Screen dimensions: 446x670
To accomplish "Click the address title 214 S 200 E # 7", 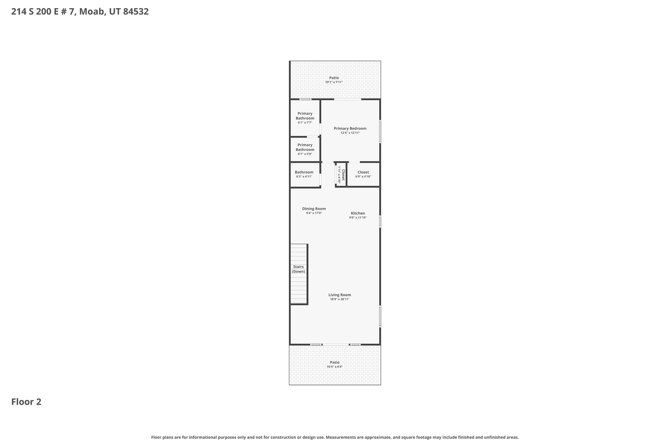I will pyautogui.click(x=80, y=12).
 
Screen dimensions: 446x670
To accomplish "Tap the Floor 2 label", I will pyautogui.click(x=26, y=402).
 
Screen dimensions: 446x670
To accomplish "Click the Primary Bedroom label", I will pyautogui.click(x=350, y=128).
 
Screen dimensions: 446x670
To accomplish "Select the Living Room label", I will pyautogui.click(x=340, y=295).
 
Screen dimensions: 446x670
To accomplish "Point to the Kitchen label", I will pyautogui.click(x=358, y=213).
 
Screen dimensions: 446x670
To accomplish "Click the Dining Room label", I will pyautogui.click(x=314, y=209).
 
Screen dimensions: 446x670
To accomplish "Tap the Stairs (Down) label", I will pyautogui.click(x=298, y=269).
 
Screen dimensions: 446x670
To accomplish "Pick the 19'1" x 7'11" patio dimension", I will pyautogui.click(x=334, y=82).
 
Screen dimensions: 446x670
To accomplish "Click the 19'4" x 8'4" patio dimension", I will pyautogui.click(x=335, y=367).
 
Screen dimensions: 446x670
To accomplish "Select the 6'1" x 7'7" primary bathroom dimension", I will pyautogui.click(x=305, y=123).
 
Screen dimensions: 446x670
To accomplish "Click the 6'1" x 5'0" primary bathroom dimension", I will pyautogui.click(x=305, y=154).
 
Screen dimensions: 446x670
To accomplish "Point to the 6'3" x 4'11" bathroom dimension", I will pyautogui.click(x=304, y=177).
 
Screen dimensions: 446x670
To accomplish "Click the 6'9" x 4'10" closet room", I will pyautogui.click(x=363, y=174).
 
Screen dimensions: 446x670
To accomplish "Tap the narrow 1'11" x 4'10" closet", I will pyautogui.click(x=341, y=174).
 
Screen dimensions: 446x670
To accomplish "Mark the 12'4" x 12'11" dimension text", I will pyautogui.click(x=350, y=133).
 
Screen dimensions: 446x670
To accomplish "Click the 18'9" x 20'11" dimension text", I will pyautogui.click(x=340, y=299).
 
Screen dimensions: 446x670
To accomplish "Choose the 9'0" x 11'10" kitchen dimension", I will pyautogui.click(x=358, y=218).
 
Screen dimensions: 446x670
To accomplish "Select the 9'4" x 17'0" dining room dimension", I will pyautogui.click(x=314, y=213).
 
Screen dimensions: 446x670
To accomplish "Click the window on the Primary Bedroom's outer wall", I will pyautogui.click(x=380, y=131).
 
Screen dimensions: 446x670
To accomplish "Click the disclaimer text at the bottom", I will pyautogui.click(x=335, y=437).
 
